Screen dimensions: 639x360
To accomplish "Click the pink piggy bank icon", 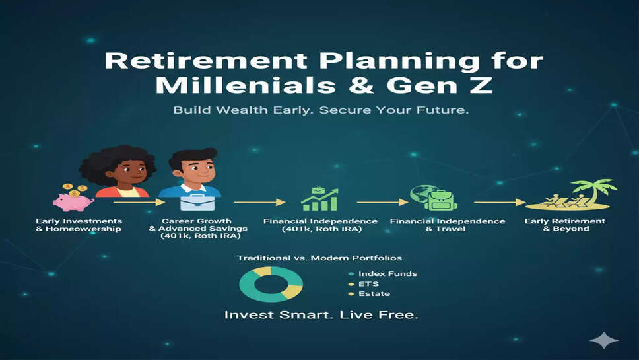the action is pos(73,202).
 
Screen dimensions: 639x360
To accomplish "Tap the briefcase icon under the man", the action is pos(197,202).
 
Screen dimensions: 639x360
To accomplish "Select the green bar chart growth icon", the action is pos(320,199).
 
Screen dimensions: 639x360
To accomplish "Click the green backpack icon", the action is pos(441,199).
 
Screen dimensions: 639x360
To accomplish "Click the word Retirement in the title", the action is pos(206,60).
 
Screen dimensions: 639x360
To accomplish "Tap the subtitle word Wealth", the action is pos(242,110).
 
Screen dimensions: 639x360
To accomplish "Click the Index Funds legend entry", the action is pos(383,274).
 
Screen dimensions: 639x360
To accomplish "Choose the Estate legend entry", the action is pos(369,293).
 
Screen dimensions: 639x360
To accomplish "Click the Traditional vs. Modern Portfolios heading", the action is pos(319,258).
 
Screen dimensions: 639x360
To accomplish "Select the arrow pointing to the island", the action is pos(500,202).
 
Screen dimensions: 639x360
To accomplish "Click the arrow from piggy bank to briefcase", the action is pos(139,202).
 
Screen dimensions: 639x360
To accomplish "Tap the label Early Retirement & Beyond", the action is pos(565,225).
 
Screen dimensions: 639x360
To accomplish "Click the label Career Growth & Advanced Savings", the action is pos(198,229).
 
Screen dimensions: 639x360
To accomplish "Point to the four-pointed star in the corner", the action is pos(603,340).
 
